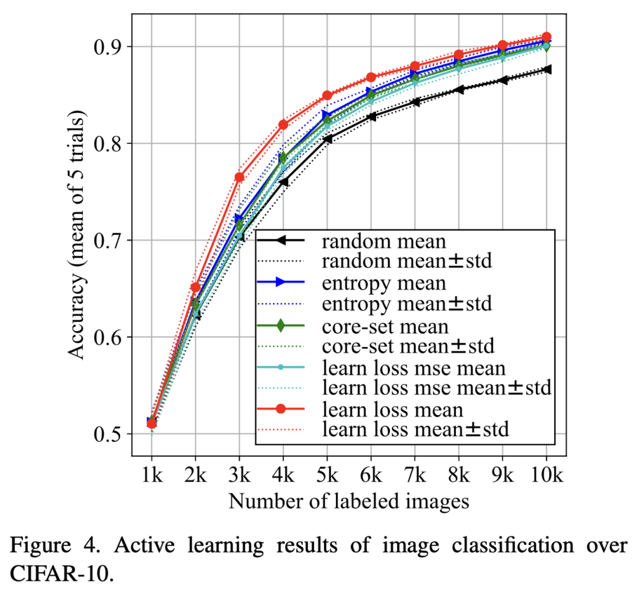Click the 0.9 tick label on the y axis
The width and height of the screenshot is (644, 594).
pos(110,47)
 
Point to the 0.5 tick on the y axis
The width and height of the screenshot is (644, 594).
pos(110,434)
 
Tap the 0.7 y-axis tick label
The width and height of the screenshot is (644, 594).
pos(110,241)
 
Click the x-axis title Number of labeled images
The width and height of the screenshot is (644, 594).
pos(349,501)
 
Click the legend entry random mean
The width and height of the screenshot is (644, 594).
pos(365,241)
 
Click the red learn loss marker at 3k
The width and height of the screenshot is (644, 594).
pos(239,177)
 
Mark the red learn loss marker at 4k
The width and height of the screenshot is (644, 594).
pos(283,124)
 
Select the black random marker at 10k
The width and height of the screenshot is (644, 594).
pos(547,69)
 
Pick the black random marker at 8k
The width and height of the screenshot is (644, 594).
pos(459,89)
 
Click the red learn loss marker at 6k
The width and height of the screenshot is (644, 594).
pos(371,77)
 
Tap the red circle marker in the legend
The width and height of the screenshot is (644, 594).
pos(282,409)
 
